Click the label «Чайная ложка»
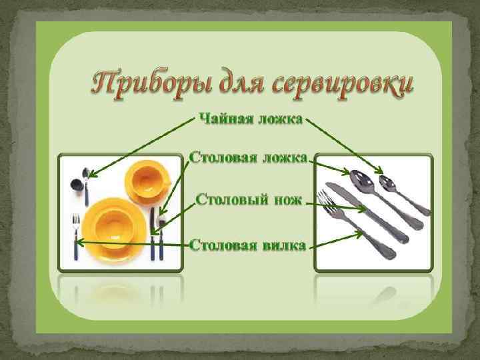pos(250,119)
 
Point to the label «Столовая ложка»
pos(248,158)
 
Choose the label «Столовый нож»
pos(249,199)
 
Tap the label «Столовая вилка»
pos(248,245)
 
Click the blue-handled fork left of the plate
pos(76,237)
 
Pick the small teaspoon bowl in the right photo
pos(386,182)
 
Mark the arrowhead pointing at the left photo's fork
pos(80,241)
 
